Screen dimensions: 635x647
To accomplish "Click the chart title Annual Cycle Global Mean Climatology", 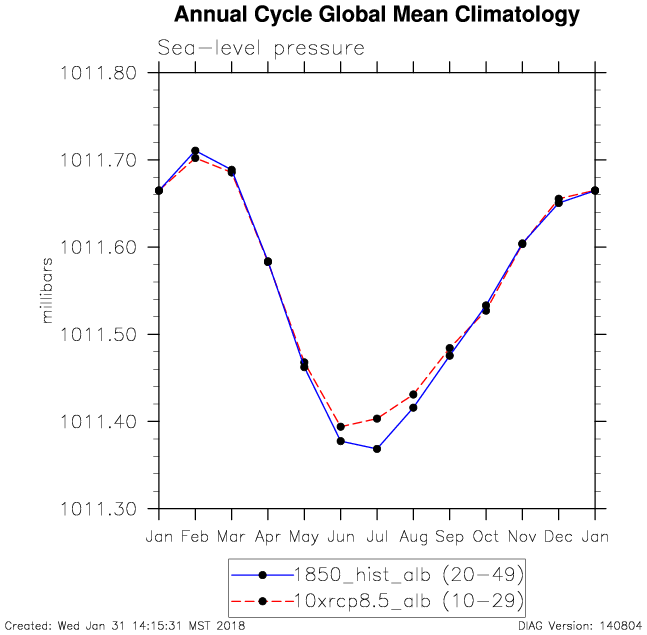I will click(x=376, y=15).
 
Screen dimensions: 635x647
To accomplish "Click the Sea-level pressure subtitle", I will click(x=260, y=47).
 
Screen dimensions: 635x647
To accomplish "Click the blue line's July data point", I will click(x=377, y=449).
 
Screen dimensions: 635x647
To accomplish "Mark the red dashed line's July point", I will click(x=377, y=418).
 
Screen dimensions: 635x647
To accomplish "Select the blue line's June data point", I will click(x=341, y=441).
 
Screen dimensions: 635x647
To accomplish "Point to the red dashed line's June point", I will click(x=341, y=427).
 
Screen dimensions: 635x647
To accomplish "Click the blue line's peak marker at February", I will click(x=195, y=151).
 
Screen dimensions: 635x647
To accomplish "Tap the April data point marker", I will click(x=268, y=262).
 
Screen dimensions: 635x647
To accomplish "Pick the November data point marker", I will click(x=522, y=244).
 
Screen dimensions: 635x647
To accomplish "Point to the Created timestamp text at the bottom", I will click(x=125, y=626).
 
